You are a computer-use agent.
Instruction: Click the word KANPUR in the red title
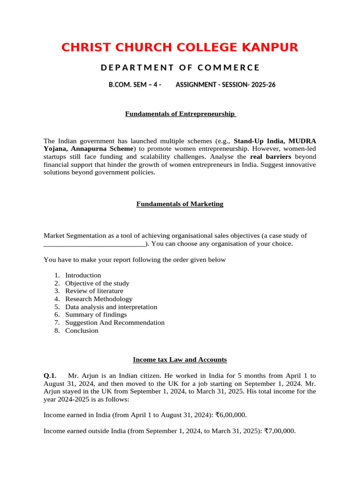coord(269,47)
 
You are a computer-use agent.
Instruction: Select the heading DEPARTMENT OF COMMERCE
coord(180,67)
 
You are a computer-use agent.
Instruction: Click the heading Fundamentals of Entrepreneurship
coord(180,114)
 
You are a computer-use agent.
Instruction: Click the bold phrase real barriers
coord(270,157)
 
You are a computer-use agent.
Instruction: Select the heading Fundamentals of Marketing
coord(180,204)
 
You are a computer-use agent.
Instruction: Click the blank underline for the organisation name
coord(94,244)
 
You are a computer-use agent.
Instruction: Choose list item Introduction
coord(83,275)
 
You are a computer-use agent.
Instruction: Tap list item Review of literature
coord(94,291)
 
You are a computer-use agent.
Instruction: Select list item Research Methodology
coord(99,299)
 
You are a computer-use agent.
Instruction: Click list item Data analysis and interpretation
coord(111,307)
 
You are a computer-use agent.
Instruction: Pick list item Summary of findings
coord(96,315)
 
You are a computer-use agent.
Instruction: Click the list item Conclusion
coord(82,330)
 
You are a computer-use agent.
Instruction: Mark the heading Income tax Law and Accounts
coord(180,360)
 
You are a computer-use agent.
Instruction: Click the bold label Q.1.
coord(50,375)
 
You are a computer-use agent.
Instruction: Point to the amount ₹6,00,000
coord(231,415)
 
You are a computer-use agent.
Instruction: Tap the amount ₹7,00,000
coord(280,431)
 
